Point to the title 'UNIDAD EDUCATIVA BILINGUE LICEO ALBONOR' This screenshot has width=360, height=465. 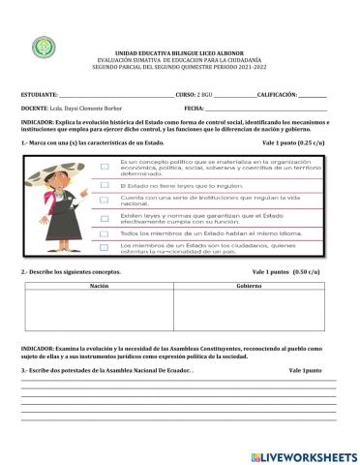pyautogui.click(x=179, y=47)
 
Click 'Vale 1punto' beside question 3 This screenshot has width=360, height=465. pyautogui.click(x=308, y=371)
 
